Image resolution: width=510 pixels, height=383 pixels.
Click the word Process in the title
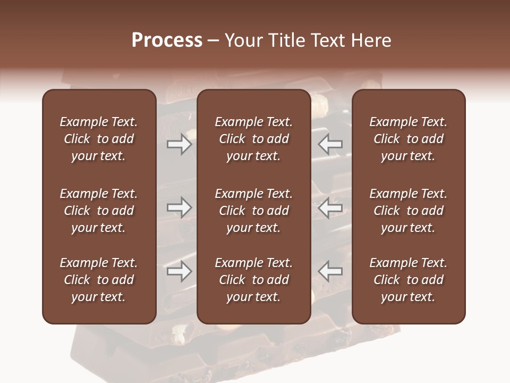pyautogui.click(x=167, y=40)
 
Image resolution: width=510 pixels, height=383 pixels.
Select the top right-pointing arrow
pyautogui.click(x=179, y=145)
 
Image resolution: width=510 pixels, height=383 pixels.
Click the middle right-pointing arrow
pyautogui.click(x=179, y=207)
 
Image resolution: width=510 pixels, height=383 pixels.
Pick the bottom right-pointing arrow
pyautogui.click(x=179, y=271)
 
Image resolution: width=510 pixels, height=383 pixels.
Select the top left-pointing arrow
pyautogui.click(x=330, y=145)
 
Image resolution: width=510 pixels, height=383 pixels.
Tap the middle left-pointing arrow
pyautogui.click(x=330, y=207)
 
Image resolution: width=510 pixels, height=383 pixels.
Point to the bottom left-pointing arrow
pyautogui.click(x=330, y=271)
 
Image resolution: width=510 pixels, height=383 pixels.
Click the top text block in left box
pyautogui.click(x=99, y=139)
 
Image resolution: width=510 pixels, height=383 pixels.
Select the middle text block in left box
pyautogui.click(x=99, y=211)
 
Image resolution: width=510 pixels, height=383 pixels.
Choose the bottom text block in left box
pyautogui.click(x=99, y=280)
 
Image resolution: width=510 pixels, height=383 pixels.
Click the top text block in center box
pyautogui.click(x=253, y=139)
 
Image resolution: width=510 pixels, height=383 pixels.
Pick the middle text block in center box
pyautogui.click(x=253, y=211)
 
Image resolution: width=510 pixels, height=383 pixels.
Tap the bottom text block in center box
pyautogui.click(x=253, y=280)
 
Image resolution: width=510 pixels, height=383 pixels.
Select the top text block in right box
pyautogui.click(x=409, y=139)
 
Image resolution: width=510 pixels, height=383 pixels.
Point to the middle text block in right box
pyautogui.click(x=409, y=211)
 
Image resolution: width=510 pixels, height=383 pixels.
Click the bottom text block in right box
pyautogui.click(x=409, y=280)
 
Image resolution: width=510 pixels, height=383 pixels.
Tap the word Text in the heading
pyautogui.click(x=326, y=40)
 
